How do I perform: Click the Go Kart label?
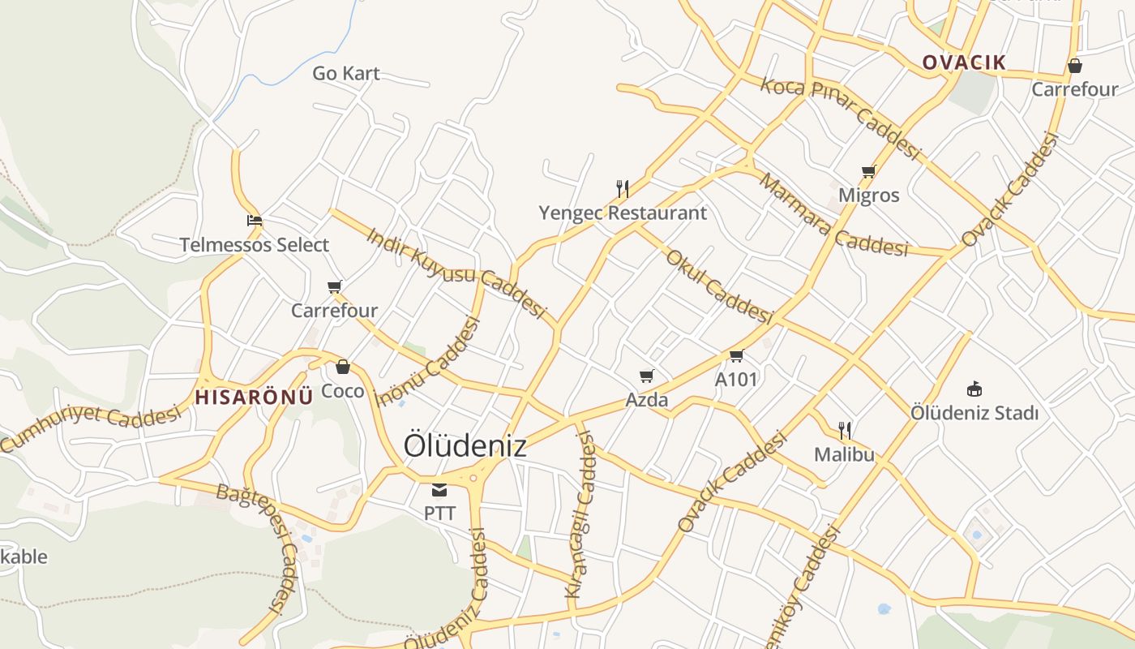pyautogui.click(x=346, y=73)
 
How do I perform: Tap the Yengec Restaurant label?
pyautogui.click(x=623, y=213)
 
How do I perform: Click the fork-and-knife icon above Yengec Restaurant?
pyautogui.click(x=623, y=189)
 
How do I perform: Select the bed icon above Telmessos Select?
pyautogui.click(x=255, y=221)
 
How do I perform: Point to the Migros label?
pyautogui.click(x=868, y=196)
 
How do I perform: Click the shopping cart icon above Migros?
pyautogui.click(x=868, y=171)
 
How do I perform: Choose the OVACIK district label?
pyautogui.click(x=964, y=62)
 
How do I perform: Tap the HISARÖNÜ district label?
pyautogui.click(x=254, y=397)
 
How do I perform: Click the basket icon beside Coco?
pyautogui.click(x=343, y=367)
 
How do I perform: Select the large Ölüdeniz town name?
pyautogui.click(x=465, y=445)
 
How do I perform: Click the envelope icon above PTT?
pyautogui.click(x=439, y=489)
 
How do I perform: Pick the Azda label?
pyautogui.click(x=647, y=400)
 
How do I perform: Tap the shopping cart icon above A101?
pyautogui.click(x=736, y=355)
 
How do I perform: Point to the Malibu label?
pyautogui.click(x=844, y=454)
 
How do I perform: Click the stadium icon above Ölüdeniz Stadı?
pyautogui.click(x=974, y=389)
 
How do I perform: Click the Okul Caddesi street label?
pyautogui.click(x=718, y=286)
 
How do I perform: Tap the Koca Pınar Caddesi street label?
pyautogui.click(x=840, y=118)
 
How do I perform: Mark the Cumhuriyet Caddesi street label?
pyautogui.click(x=91, y=426)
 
